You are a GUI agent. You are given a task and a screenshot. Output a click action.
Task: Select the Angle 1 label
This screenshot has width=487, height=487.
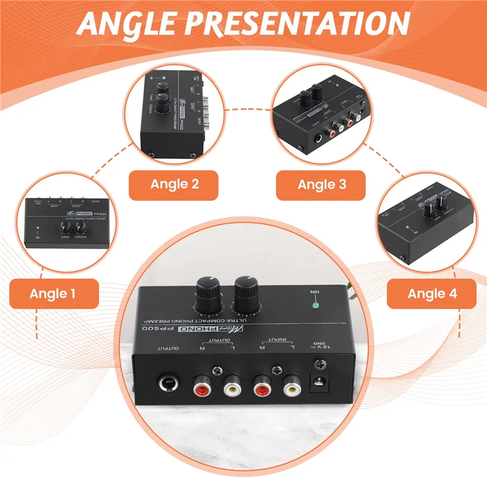click(x=53, y=294)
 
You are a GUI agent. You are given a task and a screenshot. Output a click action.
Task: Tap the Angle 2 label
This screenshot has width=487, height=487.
click(x=175, y=185)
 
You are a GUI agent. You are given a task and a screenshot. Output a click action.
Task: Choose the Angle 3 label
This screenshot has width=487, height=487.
click(x=321, y=185)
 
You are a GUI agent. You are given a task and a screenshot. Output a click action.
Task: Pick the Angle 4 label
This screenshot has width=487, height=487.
click(x=432, y=294)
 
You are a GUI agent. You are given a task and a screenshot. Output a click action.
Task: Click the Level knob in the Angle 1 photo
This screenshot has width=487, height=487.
click(x=65, y=229)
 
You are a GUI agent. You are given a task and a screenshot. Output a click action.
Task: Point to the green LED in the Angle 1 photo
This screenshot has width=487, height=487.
click(x=37, y=229)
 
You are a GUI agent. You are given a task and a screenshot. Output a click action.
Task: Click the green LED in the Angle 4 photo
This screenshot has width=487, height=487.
click(x=405, y=229)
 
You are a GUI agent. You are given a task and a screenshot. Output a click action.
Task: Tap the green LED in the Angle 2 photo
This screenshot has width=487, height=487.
click(x=164, y=79)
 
